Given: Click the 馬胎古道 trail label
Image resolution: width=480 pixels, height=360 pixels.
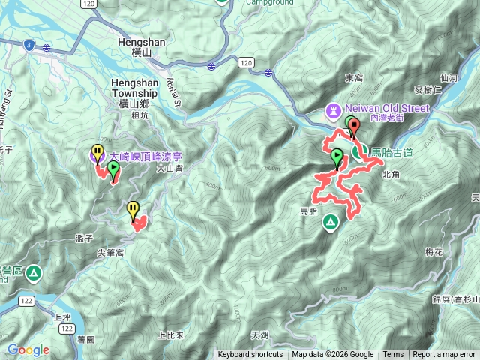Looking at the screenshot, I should [x=391, y=152].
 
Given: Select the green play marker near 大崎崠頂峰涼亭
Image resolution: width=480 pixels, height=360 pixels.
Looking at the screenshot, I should [x=113, y=171].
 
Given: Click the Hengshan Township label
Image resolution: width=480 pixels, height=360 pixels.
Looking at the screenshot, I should [x=134, y=87].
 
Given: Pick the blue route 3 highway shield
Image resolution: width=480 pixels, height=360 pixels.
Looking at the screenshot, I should [x=28, y=45].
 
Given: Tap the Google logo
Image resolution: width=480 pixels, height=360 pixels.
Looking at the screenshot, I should [x=28, y=349].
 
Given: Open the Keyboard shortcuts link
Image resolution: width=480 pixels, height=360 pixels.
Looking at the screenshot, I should [x=250, y=355].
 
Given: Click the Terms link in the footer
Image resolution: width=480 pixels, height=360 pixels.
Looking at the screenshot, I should [x=393, y=355].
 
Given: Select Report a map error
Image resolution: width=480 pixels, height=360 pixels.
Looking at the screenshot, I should [x=444, y=355].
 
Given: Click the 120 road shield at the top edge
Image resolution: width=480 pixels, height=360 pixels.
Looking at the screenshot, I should [x=89, y=4].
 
